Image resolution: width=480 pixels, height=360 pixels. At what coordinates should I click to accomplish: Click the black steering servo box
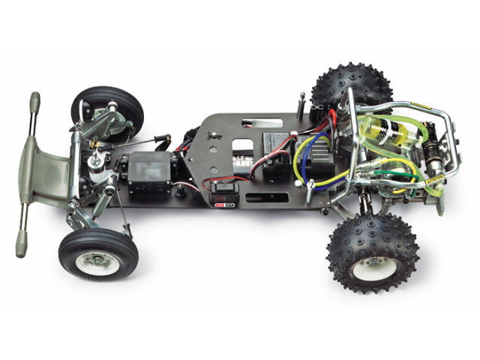[148, 172]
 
